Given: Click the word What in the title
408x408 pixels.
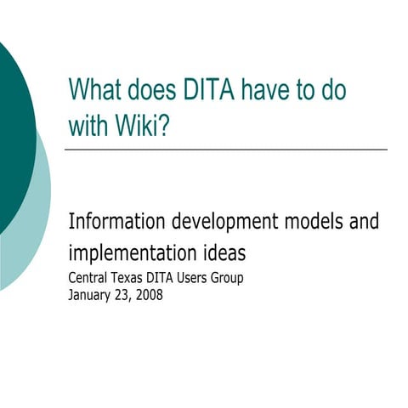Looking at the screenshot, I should tap(93, 90).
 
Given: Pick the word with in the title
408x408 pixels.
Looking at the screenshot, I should tap(86, 124).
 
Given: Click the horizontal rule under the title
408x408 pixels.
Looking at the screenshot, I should tap(225, 150).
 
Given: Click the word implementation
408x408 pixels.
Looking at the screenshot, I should tap(134, 253).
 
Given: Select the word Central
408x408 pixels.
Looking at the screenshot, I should tap(88, 278).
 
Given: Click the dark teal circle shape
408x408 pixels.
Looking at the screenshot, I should tap(10, 127).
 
